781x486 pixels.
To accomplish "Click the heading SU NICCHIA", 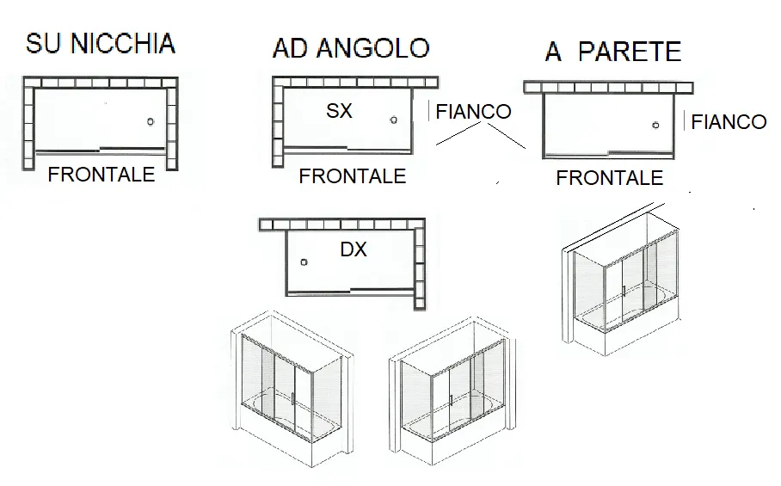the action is [x=100, y=43].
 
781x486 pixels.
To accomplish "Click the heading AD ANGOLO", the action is [x=351, y=48].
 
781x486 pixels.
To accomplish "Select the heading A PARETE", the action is [x=613, y=52].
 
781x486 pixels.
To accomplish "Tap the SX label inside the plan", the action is [x=339, y=111].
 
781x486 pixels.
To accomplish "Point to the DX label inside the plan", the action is [x=354, y=249].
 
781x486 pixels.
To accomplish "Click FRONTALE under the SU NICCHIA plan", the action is [x=101, y=175].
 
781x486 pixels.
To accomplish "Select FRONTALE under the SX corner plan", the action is [x=352, y=176].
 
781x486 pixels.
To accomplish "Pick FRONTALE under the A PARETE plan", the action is [x=610, y=178].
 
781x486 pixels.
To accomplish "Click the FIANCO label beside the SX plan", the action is [x=473, y=112].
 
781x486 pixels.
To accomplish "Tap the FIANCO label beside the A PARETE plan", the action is [x=729, y=122].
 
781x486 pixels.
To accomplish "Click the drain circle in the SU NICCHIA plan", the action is [x=151, y=121].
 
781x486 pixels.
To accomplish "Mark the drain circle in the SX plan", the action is [x=393, y=120].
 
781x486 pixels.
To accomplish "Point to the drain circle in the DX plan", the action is [x=304, y=262].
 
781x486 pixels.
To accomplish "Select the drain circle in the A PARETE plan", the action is [x=655, y=126].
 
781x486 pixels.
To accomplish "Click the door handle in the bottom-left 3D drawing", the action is [x=292, y=399].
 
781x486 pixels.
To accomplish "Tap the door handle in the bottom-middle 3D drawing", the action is [x=450, y=400].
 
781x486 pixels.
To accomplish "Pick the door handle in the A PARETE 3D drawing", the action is [x=624, y=291].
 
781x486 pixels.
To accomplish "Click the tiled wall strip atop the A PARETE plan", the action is [x=608, y=88].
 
